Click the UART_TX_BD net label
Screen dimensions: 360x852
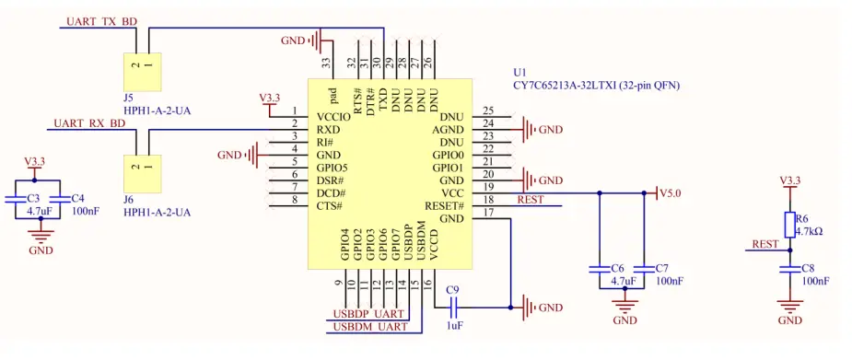coord(102,20)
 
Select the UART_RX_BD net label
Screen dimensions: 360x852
coord(88,122)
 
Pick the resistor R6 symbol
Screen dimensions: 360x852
coord(789,225)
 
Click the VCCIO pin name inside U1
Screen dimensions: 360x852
coord(333,117)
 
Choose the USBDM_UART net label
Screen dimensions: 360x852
coord(369,327)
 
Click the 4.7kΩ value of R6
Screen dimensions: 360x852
coord(809,231)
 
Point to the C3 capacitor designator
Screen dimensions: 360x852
coord(33,198)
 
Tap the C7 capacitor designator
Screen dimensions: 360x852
coord(662,268)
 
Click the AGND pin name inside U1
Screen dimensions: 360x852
coord(449,130)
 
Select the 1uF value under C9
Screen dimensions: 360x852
coord(454,325)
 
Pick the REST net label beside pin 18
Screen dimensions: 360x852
coord(531,199)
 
